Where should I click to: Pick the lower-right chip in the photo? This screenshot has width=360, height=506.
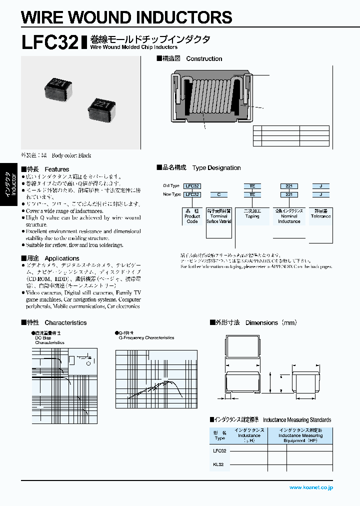click(102, 107)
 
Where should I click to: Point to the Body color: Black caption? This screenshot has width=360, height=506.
click(56, 155)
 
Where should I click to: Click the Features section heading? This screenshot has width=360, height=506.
click(45, 169)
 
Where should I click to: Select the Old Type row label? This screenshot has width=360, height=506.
click(171, 185)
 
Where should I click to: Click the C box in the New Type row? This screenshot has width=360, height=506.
click(218, 194)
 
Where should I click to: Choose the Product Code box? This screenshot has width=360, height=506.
click(192, 216)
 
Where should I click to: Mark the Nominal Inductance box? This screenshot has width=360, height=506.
click(289, 216)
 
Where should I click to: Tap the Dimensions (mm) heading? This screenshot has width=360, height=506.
click(253, 322)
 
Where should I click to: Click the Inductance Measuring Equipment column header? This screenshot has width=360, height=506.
click(301, 435)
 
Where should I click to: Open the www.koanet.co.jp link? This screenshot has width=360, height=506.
click(310, 487)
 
